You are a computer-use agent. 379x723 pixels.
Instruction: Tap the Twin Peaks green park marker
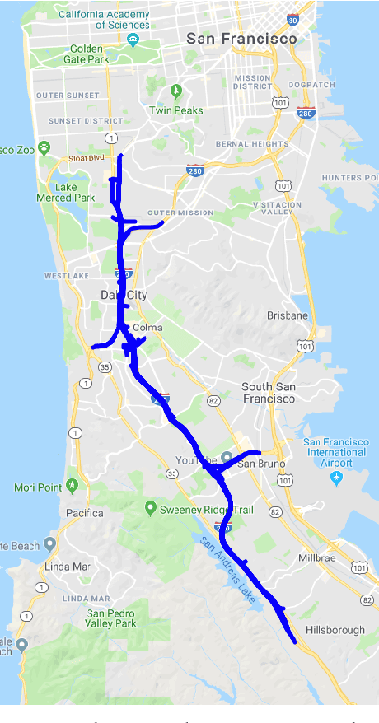175,90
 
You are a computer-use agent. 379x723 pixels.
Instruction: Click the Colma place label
147,327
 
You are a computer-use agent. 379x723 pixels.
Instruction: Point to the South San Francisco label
268,392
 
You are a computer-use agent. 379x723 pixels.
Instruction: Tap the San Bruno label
260,464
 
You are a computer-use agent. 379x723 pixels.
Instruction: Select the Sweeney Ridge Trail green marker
150,507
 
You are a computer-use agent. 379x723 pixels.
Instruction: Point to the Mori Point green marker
73,486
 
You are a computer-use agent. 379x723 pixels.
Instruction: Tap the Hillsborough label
335,630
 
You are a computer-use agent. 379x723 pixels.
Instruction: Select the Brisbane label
288,315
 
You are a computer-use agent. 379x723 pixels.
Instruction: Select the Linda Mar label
68,567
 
